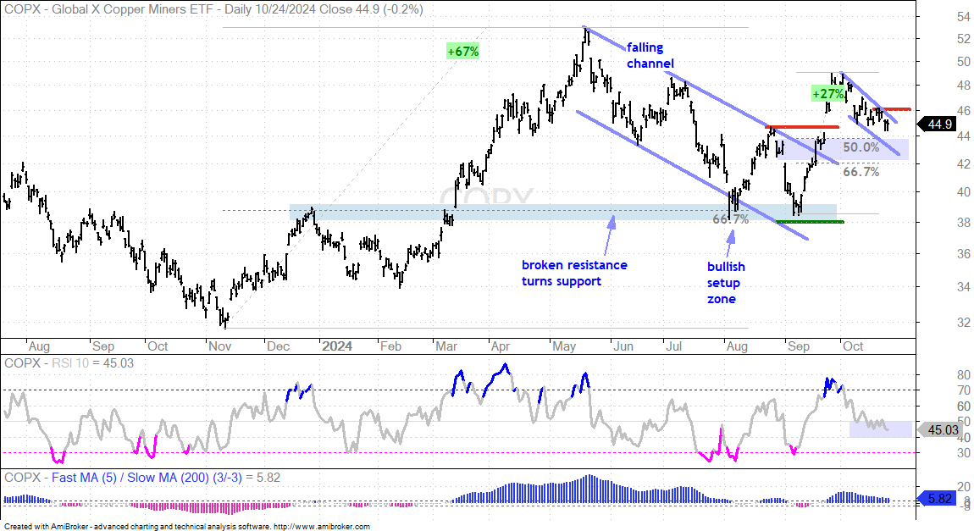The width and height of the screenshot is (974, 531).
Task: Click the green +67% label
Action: (462, 52)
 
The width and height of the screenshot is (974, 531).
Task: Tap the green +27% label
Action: (828, 94)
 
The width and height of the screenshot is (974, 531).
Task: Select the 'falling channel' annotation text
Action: (650, 55)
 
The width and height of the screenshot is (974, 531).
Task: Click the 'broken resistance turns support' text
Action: (574, 273)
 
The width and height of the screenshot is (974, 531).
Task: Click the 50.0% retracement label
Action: (861, 147)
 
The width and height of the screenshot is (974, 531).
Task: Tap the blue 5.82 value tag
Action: (939, 499)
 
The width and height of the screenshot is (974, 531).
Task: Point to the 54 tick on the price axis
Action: (964, 18)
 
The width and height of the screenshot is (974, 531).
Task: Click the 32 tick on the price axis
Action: (964, 323)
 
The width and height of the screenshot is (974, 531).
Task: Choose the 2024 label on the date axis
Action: (337, 346)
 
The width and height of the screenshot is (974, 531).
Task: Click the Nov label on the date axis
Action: (219, 346)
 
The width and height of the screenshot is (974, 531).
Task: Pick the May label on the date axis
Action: (564, 346)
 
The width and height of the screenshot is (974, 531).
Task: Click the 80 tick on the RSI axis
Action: (964, 374)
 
